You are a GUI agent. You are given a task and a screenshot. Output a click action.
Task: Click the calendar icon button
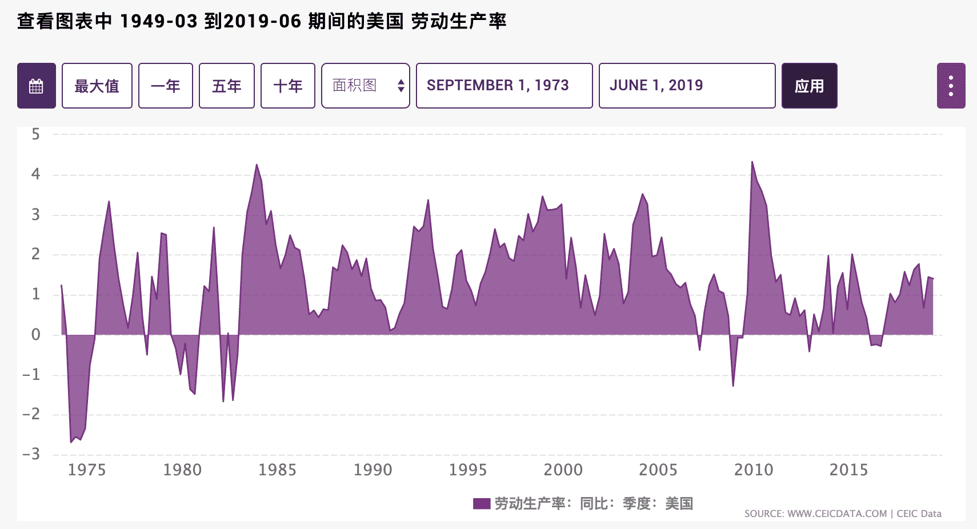tap(37, 86)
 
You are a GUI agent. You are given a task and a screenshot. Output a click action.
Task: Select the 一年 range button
tap(166, 86)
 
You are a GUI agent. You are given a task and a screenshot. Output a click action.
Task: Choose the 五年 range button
tap(226, 86)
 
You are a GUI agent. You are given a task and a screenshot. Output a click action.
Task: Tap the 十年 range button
tap(287, 86)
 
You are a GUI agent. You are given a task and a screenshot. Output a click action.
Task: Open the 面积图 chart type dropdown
tap(366, 86)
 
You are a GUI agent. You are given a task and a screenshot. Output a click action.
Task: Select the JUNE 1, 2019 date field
tap(687, 86)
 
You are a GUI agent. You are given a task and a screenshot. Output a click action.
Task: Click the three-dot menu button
tap(951, 86)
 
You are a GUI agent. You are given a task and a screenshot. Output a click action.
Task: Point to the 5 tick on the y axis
tap(36, 134)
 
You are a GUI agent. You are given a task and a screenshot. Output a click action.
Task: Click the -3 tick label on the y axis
tap(31, 454)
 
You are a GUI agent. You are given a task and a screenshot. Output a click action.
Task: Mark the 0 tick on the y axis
tap(36, 335)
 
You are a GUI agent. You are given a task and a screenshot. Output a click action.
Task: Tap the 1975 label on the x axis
tap(87, 470)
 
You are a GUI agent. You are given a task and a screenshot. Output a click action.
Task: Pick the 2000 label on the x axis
tap(563, 470)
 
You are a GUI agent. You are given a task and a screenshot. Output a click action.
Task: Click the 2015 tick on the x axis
tap(848, 470)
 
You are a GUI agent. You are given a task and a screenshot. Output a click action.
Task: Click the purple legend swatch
tap(482, 503)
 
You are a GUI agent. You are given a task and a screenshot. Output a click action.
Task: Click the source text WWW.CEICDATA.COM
tap(837, 514)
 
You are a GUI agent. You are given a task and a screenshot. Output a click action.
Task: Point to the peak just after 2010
tap(752, 162)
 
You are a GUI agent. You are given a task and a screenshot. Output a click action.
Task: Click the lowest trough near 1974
tap(71, 442)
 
